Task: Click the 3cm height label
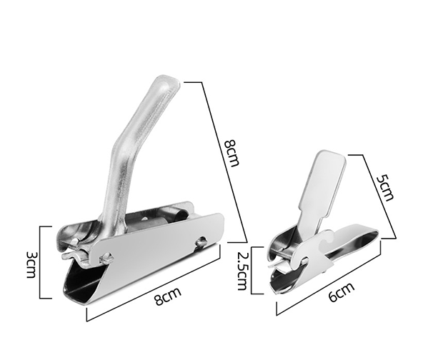coord(31,264)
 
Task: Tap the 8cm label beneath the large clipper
coord(168,296)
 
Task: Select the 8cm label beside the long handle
coord(232,153)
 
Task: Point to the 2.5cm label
coord(242,270)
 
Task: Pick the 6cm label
coord(342,291)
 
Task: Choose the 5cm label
coord(385,188)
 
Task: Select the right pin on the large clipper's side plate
coord(201,241)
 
